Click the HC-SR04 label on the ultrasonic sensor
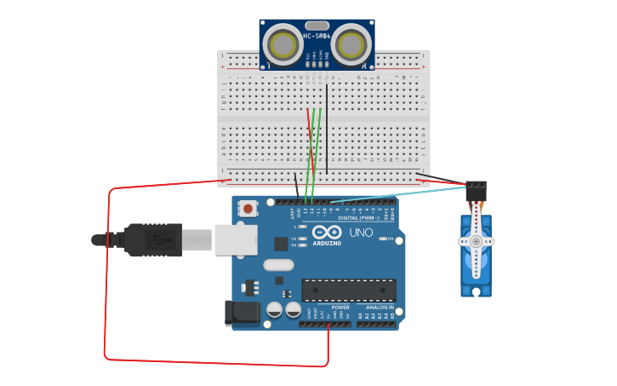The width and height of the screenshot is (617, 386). coord(317,36)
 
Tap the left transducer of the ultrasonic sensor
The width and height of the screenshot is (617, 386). coord(283,43)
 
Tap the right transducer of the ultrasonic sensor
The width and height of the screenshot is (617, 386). coord(351,43)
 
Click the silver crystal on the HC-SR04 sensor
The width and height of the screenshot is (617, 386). coord(317,26)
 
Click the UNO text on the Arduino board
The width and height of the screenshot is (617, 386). coord(362,233)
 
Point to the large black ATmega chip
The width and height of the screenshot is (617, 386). coord(348,290)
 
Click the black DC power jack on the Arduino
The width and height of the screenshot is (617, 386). coord(242,313)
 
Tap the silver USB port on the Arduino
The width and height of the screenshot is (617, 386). coord(236,239)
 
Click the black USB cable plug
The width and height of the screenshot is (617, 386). coord(153,239)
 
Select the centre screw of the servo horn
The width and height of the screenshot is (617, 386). coord(476,241)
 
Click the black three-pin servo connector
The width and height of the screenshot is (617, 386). coord(476,187)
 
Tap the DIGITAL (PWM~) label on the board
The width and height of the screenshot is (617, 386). coord(360,217)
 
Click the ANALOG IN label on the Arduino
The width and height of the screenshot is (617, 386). coord(380,307)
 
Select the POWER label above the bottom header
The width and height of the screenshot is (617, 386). coord(340,307)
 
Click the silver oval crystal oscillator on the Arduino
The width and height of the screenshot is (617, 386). coord(278,265)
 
